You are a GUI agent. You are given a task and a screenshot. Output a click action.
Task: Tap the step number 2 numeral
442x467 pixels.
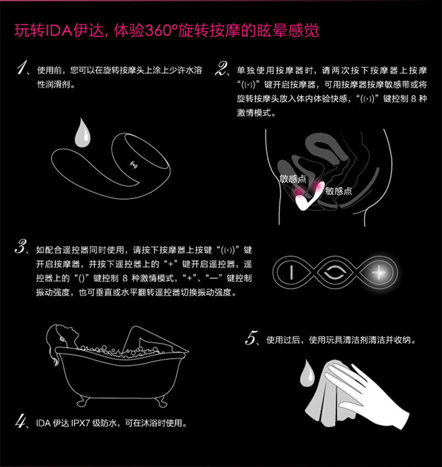[222, 68]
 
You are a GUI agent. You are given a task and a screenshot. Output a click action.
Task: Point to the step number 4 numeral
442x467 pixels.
[21, 422]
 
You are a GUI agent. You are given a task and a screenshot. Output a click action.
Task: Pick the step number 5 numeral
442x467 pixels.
[251, 338]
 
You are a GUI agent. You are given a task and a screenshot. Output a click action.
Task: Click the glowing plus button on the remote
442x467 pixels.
[378, 272]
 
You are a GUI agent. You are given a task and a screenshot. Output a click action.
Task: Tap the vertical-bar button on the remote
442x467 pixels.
[291, 272]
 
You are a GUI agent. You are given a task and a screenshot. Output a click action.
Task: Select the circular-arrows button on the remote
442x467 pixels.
[335, 272]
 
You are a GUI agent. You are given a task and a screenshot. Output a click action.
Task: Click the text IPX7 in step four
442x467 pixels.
[81, 423]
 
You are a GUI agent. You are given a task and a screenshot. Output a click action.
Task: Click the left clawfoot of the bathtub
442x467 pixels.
[82, 402]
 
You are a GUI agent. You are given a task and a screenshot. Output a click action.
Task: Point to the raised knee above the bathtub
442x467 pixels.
[136, 330]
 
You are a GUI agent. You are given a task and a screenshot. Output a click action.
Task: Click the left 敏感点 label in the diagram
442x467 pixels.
[292, 178]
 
